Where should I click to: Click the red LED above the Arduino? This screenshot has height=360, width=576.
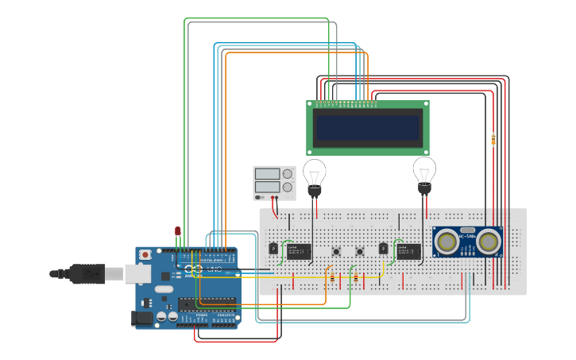point(177,231)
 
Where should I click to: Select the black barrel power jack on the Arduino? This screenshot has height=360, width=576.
point(141,318)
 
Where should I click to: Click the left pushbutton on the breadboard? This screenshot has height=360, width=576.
point(337,252)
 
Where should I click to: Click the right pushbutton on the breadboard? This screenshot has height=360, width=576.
point(361,252)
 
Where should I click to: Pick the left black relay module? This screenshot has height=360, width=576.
point(298,251)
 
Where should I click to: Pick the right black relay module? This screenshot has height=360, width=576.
point(408,251)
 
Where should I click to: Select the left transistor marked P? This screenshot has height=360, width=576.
point(274,249)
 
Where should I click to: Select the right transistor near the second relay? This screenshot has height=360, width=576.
point(384,249)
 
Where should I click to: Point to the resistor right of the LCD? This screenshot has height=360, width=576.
point(493,139)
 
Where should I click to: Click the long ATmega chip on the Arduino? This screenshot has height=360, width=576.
point(208,302)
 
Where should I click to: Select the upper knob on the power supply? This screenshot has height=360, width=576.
point(287,174)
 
